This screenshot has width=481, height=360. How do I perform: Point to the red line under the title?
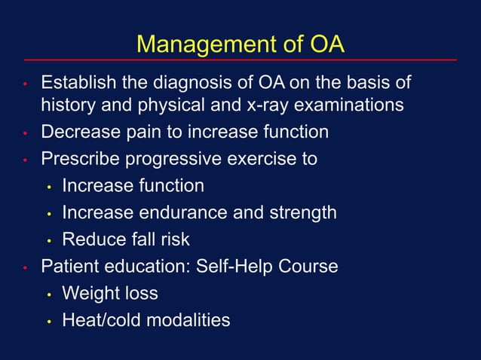[x=240, y=59]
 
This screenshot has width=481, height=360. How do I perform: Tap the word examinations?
[x=353, y=105]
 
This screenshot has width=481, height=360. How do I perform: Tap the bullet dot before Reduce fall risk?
[x=47, y=241]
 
